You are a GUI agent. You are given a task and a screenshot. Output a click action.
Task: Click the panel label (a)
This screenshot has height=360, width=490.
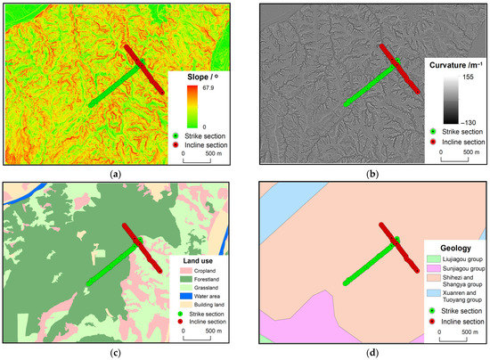[116, 173]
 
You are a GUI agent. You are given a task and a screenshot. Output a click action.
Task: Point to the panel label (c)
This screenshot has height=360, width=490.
[116, 355]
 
